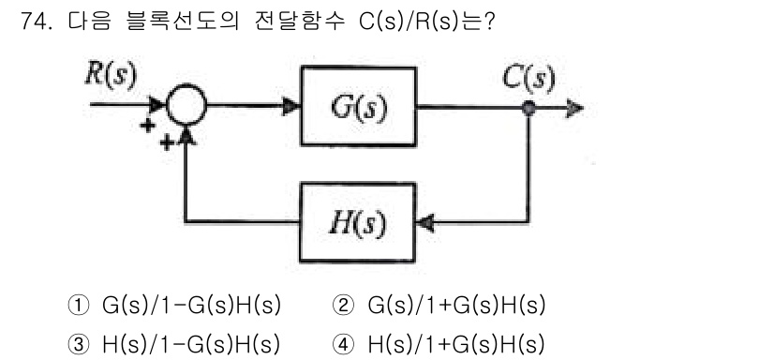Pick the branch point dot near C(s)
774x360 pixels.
click(x=529, y=109)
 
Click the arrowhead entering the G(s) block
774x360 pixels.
click(x=291, y=109)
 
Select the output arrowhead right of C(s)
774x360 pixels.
click(x=573, y=109)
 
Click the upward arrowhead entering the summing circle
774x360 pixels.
click(x=188, y=137)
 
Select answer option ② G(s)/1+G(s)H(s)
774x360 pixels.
click(x=439, y=307)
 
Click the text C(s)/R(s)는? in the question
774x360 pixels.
click(x=426, y=21)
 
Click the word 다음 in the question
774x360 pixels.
click(x=87, y=21)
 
